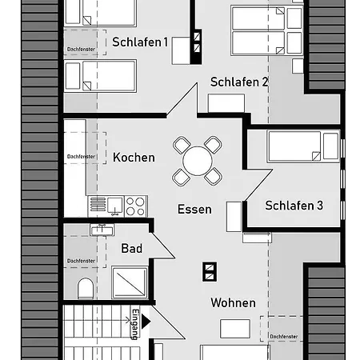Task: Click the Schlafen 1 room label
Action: pyautogui.click(x=140, y=42)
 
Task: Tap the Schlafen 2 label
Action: pyautogui.click(x=239, y=82)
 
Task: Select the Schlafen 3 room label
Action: pyautogui.click(x=294, y=206)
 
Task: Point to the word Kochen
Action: pyautogui.click(x=134, y=158)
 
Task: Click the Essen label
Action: pyautogui.click(x=194, y=210)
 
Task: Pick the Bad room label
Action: pyautogui.click(x=132, y=249)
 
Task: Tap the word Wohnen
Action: pyautogui.click(x=233, y=303)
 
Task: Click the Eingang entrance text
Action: pyautogui.click(x=135, y=325)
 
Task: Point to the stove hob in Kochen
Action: pyautogui.click(x=136, y=205)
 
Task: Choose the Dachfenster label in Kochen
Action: pyautogui.click(x=82, y=157)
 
